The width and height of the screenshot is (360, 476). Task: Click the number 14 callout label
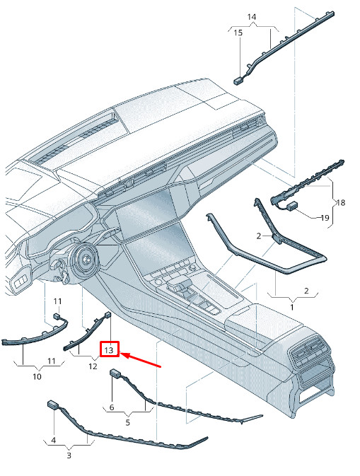tap(252, 17)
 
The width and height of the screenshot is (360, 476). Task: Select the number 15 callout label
tap(238, 33)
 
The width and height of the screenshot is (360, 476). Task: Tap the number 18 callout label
tap(341, 202)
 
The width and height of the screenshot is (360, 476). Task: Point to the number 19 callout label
tap(325, 218)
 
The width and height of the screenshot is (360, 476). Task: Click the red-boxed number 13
tap(109, 350)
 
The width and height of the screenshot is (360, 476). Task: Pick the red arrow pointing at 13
tap(141, 360)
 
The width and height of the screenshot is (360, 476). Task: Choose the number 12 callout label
tap(93, 366)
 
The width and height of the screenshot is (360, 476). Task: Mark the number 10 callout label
tap(37, 377)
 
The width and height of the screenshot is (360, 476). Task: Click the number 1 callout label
tap(292, 307)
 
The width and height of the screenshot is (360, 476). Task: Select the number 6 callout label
tap(112, 407)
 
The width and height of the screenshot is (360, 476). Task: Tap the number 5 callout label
tap(128, 422)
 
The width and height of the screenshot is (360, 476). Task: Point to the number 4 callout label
tap(54, 440)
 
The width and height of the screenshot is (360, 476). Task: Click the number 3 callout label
tap(69, 455)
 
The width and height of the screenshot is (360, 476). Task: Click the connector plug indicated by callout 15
tap(238, 81)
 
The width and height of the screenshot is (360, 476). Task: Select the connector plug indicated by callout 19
tap(292, 206)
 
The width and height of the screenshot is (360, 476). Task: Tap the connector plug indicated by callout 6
tap(115, 373)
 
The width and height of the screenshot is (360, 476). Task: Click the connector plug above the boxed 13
tap(108, 315)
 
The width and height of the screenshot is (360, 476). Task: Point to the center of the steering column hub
tap(86, 259)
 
